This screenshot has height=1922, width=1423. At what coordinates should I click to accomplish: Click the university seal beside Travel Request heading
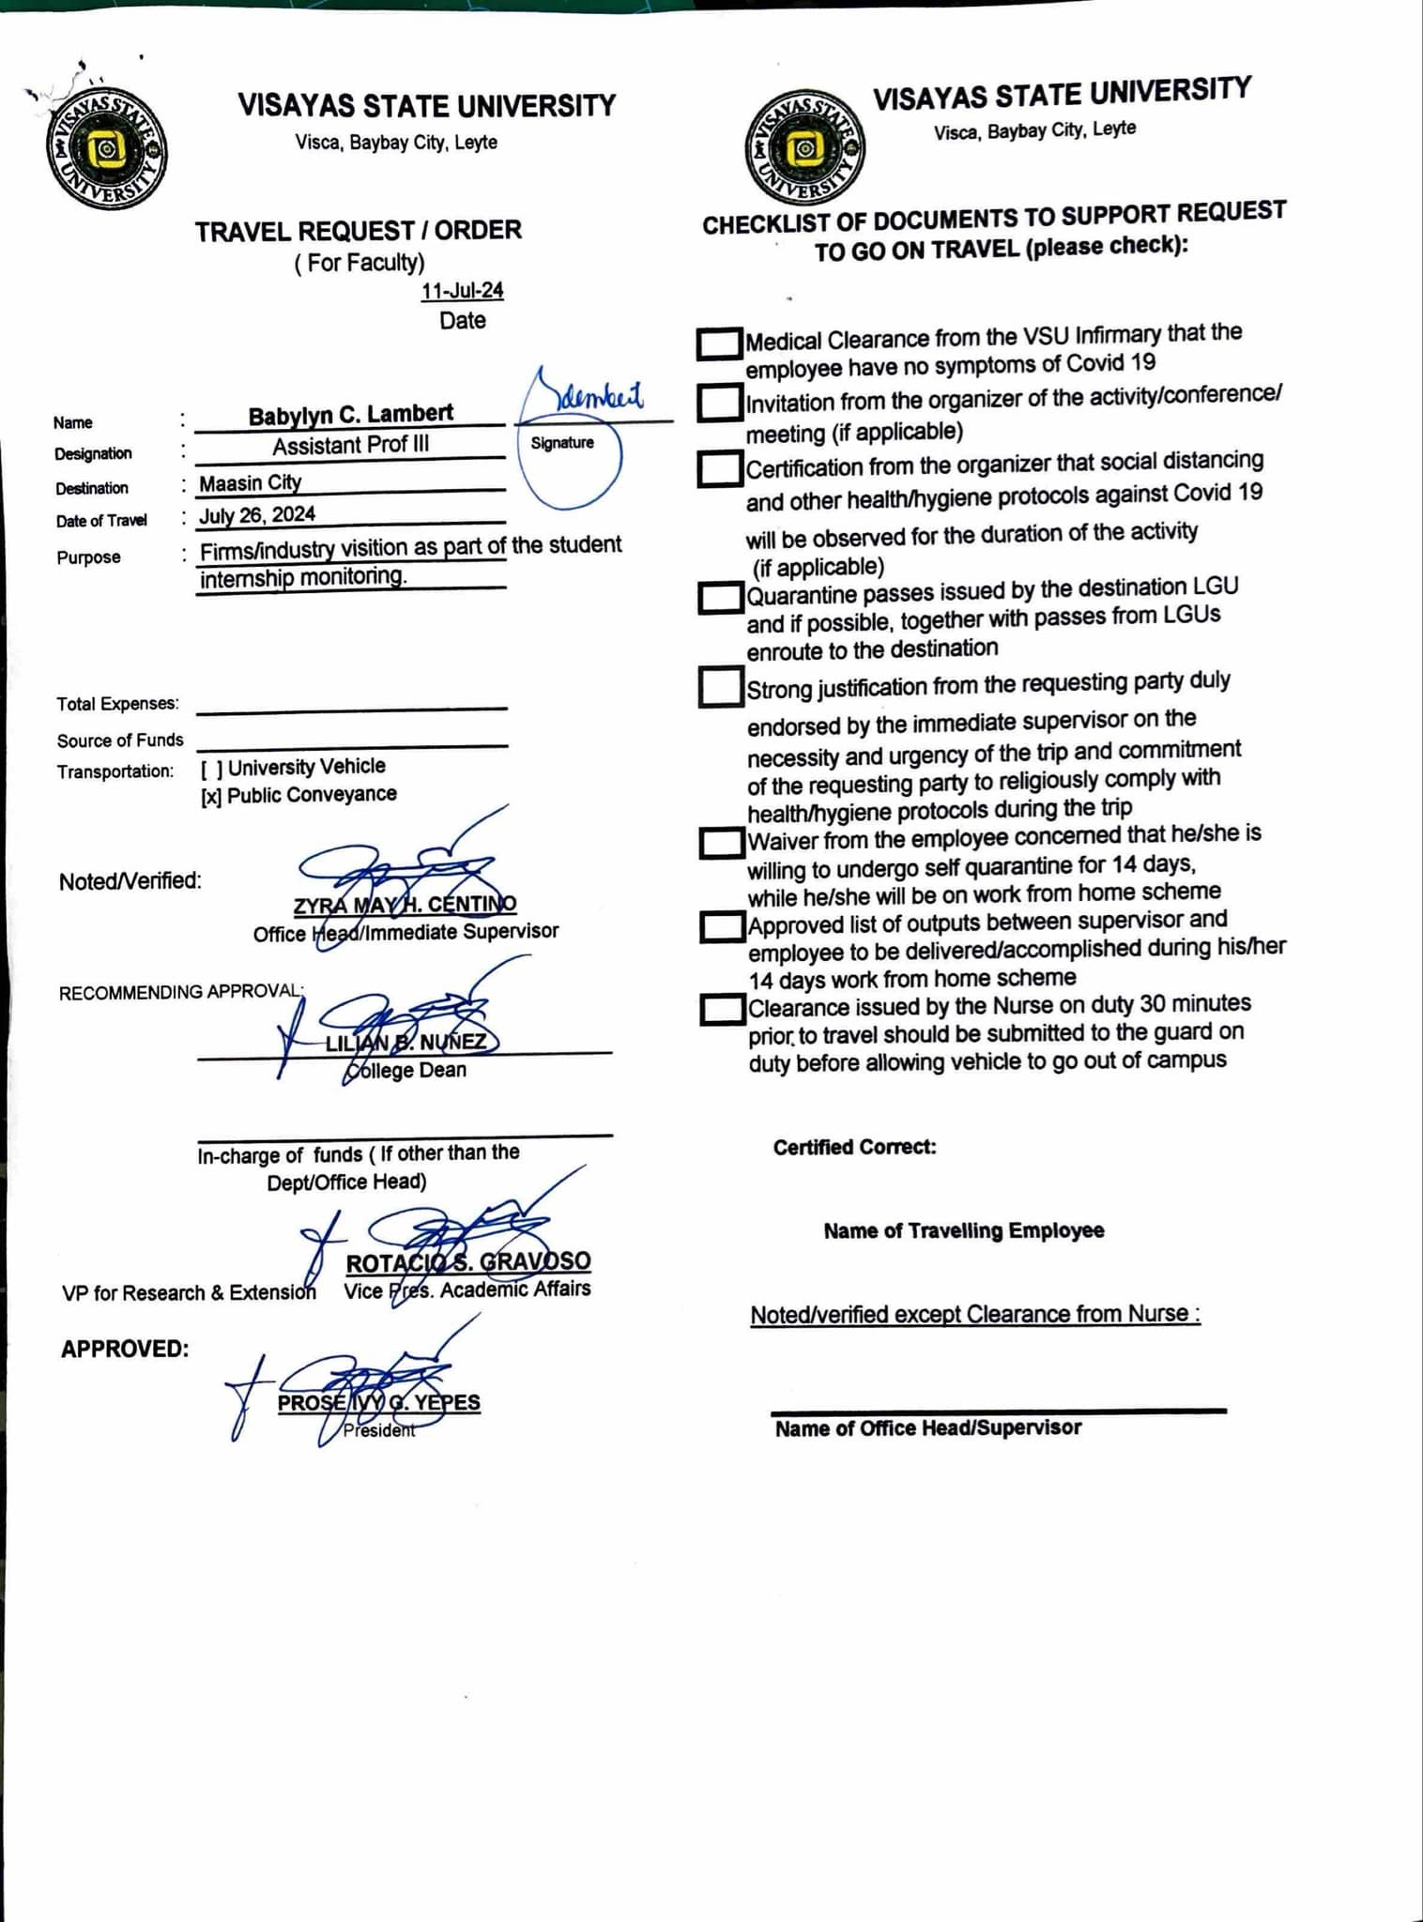[x=106, y=150]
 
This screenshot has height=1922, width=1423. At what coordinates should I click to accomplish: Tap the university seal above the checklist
[x=804, y=148]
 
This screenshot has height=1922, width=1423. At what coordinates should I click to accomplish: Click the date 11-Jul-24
[x=462, y=291]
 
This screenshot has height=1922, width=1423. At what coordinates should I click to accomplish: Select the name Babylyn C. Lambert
[x=350, y=414]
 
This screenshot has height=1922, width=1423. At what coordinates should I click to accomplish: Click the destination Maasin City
[x=250, y=483]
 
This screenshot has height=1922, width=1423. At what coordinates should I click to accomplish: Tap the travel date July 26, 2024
[x=257, y=515]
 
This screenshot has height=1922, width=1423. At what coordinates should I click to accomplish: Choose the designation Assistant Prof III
[x=350, y=446]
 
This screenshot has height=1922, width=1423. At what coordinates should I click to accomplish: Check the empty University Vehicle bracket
[x=211, y=769]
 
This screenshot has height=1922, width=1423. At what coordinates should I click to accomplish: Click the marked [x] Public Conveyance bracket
[x=211, y=797]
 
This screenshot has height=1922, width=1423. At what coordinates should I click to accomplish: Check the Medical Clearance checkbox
[x=719, y=343]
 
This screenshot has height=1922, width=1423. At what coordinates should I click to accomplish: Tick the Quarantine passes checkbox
[x=720, y=597]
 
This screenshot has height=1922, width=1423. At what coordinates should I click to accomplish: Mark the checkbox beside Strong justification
[x=720, y=687]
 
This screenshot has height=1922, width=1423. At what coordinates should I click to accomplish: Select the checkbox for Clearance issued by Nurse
[x=722, y=1010]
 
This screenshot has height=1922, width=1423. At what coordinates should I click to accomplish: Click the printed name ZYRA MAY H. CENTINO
[x=405, y=905]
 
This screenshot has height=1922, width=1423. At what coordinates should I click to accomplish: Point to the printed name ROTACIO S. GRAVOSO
[x=468, y=1262]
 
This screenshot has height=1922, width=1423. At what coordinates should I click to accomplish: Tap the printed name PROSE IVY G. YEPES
[x=378, y=1403]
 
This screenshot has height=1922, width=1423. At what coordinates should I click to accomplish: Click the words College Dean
[x=405, y=1071]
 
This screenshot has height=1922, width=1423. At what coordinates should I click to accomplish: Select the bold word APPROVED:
[x=125, y=1350]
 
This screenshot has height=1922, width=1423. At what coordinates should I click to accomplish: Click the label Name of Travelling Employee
[x=963, y=1230]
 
